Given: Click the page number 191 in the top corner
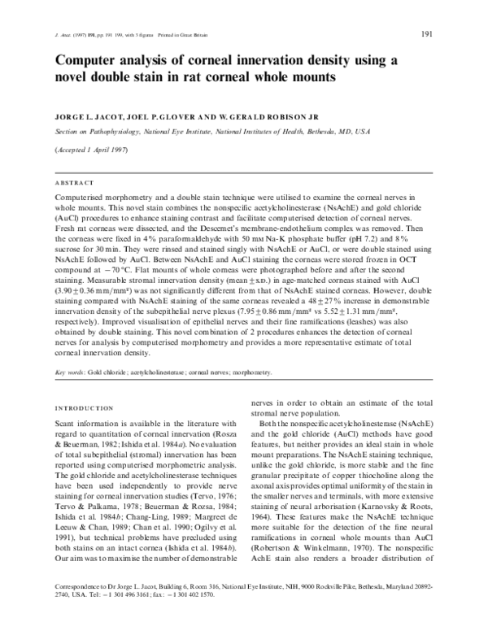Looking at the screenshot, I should [x=427, y=33].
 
